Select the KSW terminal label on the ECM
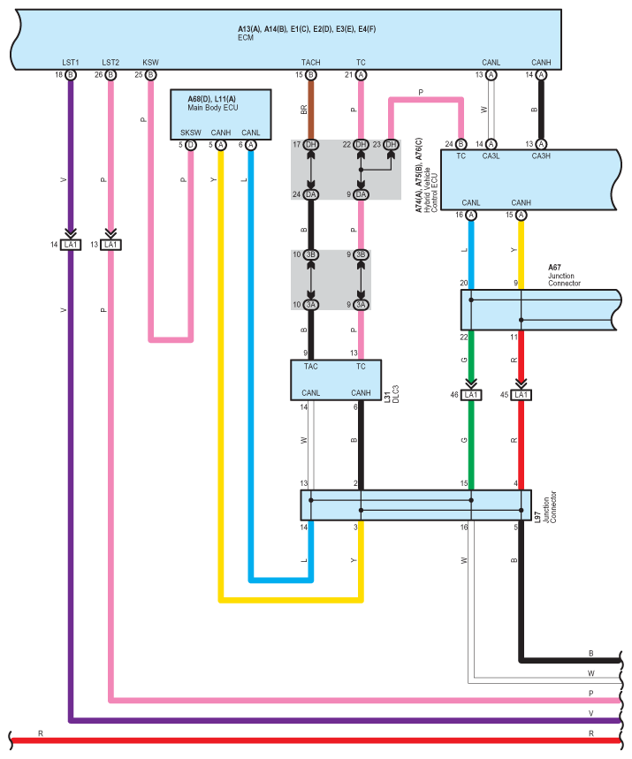click(x=150, y=63)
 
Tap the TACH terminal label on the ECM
click(x=311, y=63)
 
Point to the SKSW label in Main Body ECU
click(x=190, y=133)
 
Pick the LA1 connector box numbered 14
click(x=71, y=244)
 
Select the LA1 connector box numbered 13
click(x=110, y=244)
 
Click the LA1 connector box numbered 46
click(x=471, y=395)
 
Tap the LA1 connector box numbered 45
click(x=521, y=395)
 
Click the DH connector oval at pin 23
click(x=391, y=145)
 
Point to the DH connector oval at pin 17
click(x=311, y=145)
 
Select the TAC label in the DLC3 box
click(x=311, y=366)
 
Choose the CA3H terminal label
click(x=542, y=156)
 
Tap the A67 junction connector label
click(x=554, y=267)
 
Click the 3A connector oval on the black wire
click(x=311, y=305)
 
